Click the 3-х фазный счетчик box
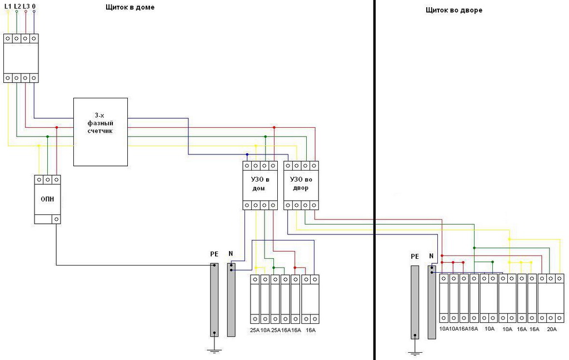pyautogui.click(x=101, y=132)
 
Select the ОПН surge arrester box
pyautogui.click(x=47, y=199)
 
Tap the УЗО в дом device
pyautogui.click(x=260, y=186)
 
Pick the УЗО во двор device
pyautogui.click(x=301, y=186)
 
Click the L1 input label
pyautogui.click(x=8, y=6)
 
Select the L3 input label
pyautogui.click(x=26, y=6)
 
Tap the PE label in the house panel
pyautogui.click(x=214, y=254)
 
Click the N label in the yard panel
pyautogui.click(x=431, y=256)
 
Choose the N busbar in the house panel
pyautogui.click(x=231, y=300)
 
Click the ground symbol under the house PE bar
pyautogui.click(x=214, y=349)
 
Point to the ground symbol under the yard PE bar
pyautogui.click(x=414, y=351)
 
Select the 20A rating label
pyautogui.click(x=551, y=329)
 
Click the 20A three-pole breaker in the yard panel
pyautogui.click(x=551, y=298)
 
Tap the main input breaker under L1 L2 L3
pyautogui.click(x=21, y=58)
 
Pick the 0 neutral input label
pyautogui.click(x=34, y=6)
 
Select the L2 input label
pyautogui.click(x=17, y=6)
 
